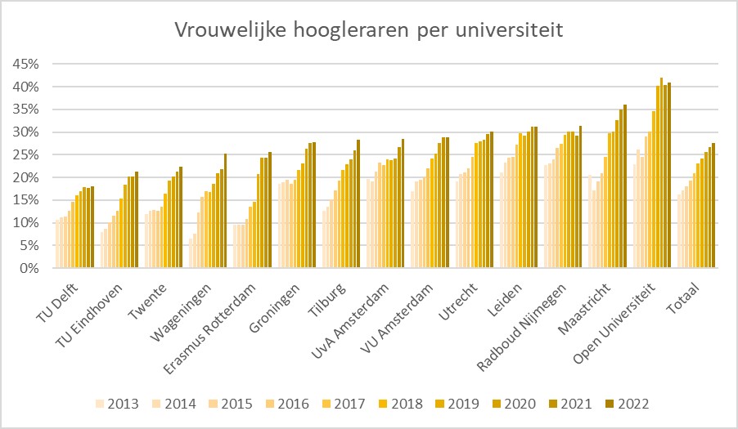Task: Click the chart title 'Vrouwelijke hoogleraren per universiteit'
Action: click(368, 31)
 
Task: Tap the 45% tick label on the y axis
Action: click(25, 64)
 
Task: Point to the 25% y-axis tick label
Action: click(25, 154)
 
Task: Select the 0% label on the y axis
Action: click(28, 268)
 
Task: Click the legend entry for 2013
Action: click(115, 403)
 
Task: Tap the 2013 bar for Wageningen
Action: click(191, 254)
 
